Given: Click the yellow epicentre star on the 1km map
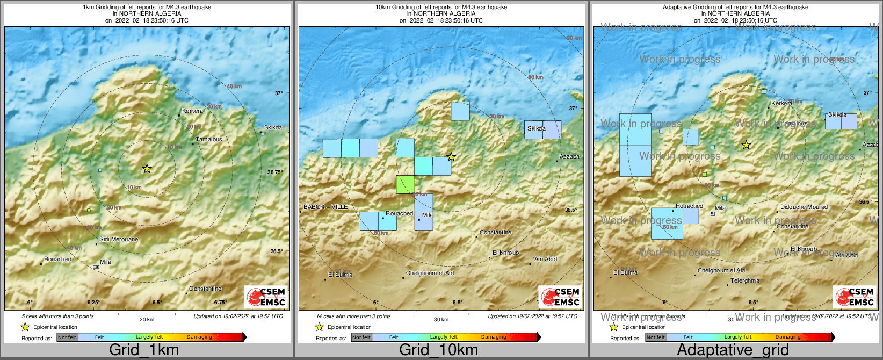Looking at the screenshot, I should coord(147,169).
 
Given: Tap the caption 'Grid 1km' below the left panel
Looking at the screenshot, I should coord(144,350).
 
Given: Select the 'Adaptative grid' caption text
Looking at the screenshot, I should coord(733,350).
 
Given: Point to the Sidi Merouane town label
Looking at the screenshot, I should coord(119,239).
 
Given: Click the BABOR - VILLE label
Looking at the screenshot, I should coord(325,207).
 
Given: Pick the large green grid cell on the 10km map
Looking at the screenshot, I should coord(406,184).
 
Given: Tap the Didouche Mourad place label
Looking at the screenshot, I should coord(804,207).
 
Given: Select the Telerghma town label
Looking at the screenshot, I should coord(745,280).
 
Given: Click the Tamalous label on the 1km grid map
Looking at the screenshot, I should coord(208,139).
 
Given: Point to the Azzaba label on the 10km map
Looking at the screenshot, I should coord(569,156).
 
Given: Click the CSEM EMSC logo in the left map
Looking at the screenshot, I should coord(266,297).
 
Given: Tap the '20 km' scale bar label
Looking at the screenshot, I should coord(147,319).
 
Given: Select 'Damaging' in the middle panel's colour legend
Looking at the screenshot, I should coord(494,337).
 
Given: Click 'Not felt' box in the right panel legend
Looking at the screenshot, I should coord(655,337).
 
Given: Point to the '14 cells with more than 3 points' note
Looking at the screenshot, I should coord(353,316).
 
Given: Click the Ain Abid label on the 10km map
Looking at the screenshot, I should coord(545,259).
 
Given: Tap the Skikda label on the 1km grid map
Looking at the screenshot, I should coord(273,127).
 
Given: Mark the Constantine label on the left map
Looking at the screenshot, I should coord(205,289).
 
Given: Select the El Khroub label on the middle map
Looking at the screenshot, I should coord(505,253).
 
